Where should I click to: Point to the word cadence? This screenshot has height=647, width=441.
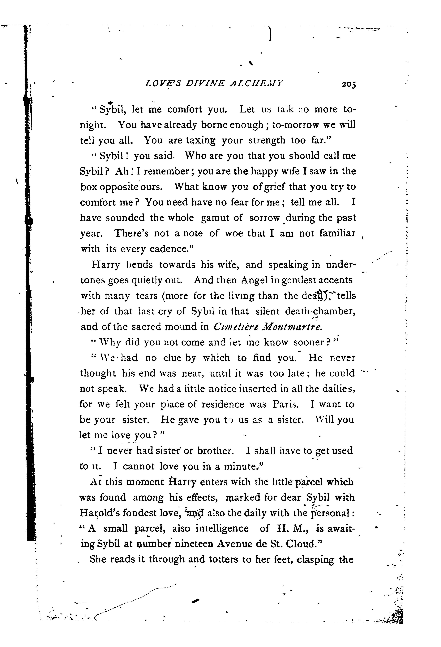pos(169,249)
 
